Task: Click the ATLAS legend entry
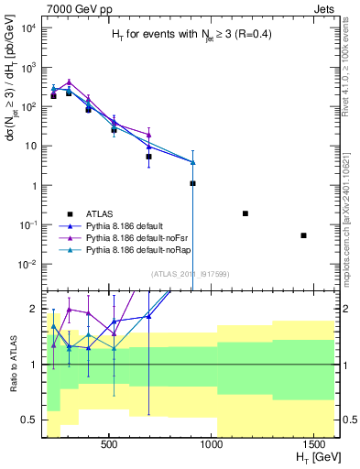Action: click(x=94, y=213)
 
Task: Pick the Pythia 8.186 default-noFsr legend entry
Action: click(x=130, y=236)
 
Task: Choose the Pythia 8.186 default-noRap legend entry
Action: click(x=131, y=248)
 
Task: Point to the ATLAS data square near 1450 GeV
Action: click(x=303, y=235)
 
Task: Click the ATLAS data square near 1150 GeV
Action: click(x=245, y=213)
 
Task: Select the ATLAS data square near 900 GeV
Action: click(x=192, y=183)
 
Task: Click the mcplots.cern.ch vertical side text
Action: click(x=352, y=220)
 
